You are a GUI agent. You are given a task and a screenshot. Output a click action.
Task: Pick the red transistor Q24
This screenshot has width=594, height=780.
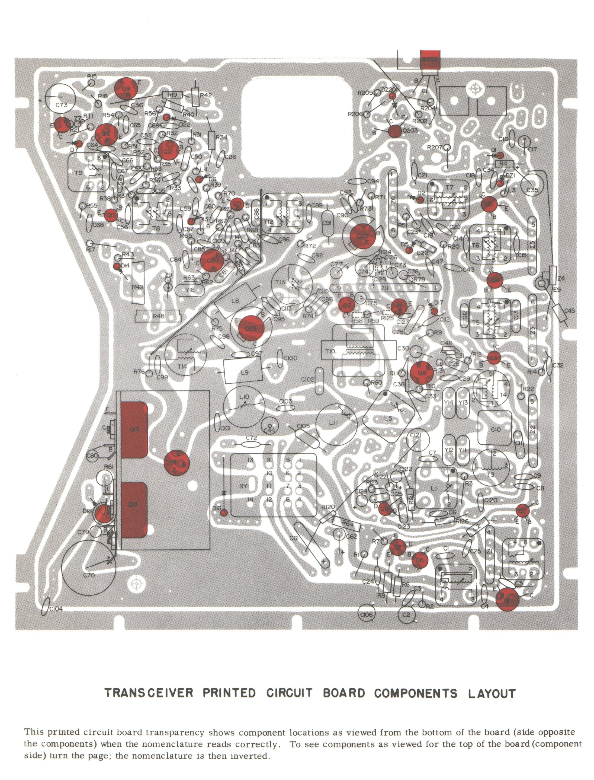(x=177, y=463)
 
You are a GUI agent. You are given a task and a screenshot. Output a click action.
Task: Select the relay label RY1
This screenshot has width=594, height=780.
(x=244, y=486)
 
